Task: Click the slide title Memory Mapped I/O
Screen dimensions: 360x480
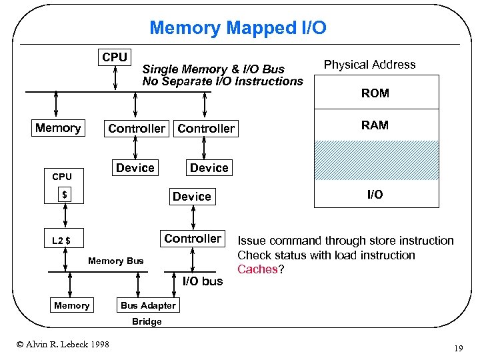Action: tap(238, 28)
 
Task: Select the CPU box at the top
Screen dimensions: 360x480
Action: tap(115, 57)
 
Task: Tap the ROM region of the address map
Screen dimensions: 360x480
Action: tap(375, 93)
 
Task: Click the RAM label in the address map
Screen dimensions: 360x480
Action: tap(375, 125)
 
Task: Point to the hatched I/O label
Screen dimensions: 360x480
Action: tap(375, 195)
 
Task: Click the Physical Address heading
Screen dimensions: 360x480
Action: tap(369, 65)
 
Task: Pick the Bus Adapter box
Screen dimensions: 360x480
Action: tap(148, 305)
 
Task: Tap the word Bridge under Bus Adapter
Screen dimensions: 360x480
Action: tap(147, 321)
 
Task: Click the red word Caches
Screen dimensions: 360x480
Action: tap(257, 269)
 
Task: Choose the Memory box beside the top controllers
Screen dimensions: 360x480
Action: tap(58, 128)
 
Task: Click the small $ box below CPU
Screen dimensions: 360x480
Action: tap(65, 195)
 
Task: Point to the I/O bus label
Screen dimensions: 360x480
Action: tap(203, 281)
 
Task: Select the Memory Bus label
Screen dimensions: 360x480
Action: tap(115, 261)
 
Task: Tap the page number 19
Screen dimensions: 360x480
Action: tap(458, 347)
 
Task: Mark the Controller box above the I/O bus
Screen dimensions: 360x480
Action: tap(193, 239)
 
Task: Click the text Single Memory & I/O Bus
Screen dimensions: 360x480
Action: tap(213, 69)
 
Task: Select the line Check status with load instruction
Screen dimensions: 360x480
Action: tap(326, 255)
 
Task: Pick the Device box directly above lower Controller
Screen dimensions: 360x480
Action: tap(191, 197)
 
